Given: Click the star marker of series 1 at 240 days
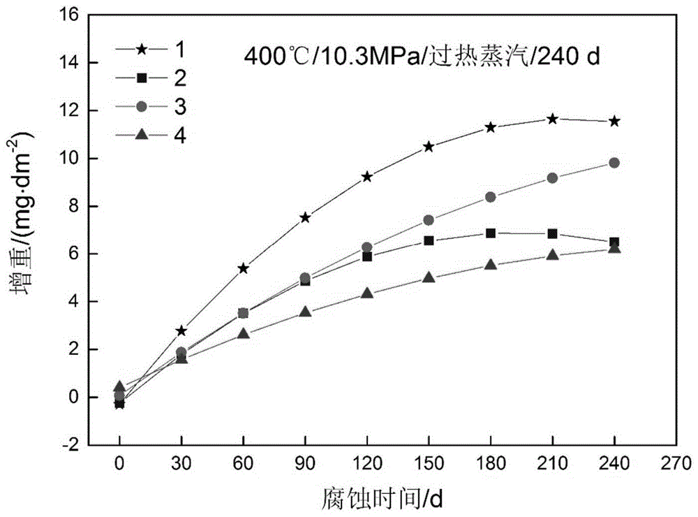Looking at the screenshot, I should click(614, 121).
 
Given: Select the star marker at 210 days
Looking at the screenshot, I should click(553, 119).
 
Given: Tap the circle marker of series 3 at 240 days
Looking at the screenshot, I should click(614, 163).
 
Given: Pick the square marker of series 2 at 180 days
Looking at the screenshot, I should click(491, 233).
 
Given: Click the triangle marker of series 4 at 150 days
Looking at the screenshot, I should click(429, 278).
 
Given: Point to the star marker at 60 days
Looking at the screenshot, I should click(243, 268).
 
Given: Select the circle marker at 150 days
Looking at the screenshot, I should click(429, 220).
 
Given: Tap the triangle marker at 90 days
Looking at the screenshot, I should click(305, 312).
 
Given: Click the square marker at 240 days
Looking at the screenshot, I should click(614, 242).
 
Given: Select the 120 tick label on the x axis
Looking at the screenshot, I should click(366, 463).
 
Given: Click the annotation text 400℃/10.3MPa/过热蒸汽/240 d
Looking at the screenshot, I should click(422, 57).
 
